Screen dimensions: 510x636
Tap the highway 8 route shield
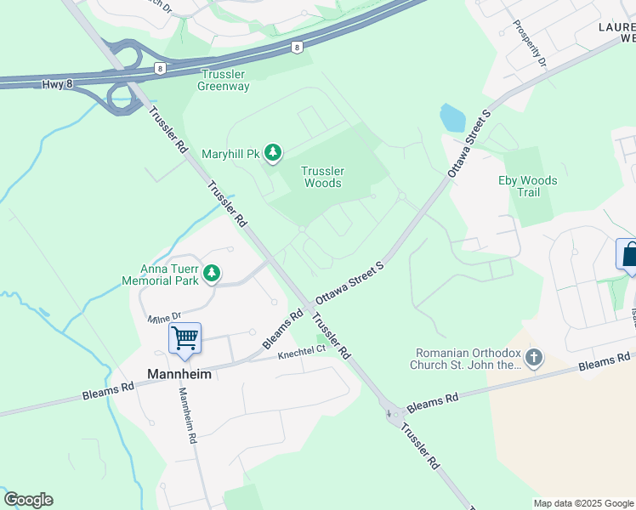[295, 48]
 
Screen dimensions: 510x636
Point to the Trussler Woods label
[323, 177]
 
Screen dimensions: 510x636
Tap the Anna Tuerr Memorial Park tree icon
[212, 274]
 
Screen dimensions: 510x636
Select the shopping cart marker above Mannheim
[185, 339]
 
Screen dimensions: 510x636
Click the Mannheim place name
[178, 373]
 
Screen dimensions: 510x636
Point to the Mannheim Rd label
[186, 416]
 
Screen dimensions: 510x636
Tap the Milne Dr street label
[164, 317]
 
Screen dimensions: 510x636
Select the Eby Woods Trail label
[528, 186]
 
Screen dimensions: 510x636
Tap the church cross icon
[533, 358]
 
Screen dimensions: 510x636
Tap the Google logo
[28, 500]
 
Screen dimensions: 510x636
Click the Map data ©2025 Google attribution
[583, 503]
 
